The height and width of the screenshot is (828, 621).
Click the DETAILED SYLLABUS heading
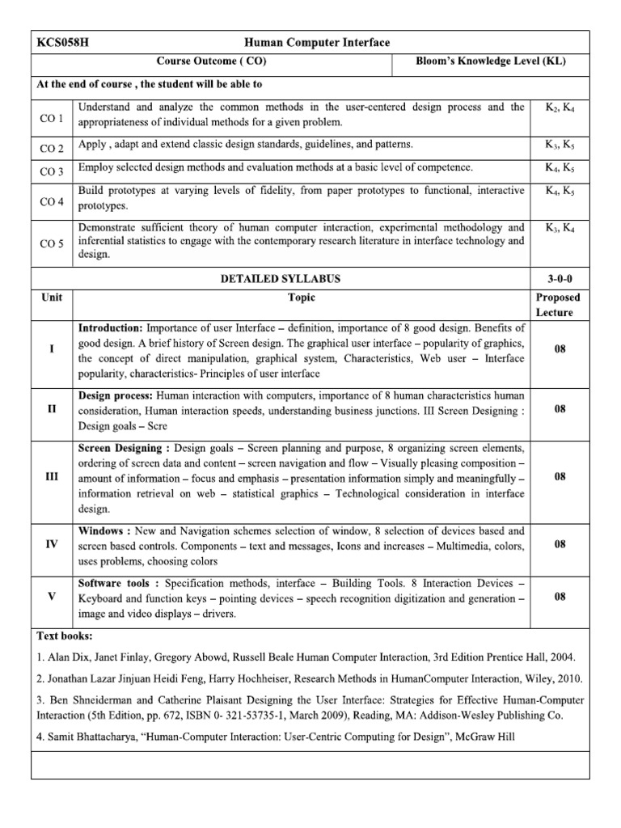tap(281, 279)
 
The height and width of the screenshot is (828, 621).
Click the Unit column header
tap(52, 297)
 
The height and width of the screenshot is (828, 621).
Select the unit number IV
tap(52, 544)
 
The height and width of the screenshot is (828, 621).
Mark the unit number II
tap(52, 409)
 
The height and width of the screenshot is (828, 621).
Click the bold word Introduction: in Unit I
tap(110, 328)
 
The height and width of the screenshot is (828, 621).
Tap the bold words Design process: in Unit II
tap(116, 395)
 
